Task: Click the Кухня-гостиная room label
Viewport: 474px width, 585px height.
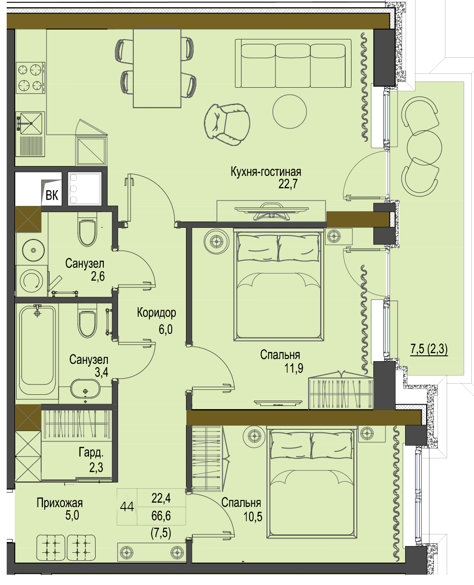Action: (x=266, y=172)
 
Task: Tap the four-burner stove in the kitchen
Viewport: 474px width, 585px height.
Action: (x=30, y=78)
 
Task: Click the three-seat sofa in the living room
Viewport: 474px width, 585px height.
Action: (x=293, y=63)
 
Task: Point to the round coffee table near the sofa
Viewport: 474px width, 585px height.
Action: (x=289, y=111)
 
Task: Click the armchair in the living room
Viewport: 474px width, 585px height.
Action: (x=228, y=125)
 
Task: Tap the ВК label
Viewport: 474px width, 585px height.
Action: (x=51, y=195)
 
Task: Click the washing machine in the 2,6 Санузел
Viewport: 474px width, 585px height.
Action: (x=32, y=281)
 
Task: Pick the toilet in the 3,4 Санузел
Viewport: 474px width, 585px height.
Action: (x=87, y=320)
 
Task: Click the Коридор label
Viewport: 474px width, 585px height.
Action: (x=157, y=313)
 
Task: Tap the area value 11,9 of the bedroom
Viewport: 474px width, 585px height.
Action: (x=293, y=368)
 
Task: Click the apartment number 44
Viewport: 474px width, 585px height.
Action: (x=127, y=507)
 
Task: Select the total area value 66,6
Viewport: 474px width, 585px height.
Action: (x=161, y=516)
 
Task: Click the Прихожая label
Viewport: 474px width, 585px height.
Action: (x=59, y=503)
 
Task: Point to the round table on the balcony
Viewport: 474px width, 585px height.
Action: (x=424, y=147)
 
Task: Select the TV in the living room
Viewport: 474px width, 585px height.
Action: (x=271, y=211)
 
